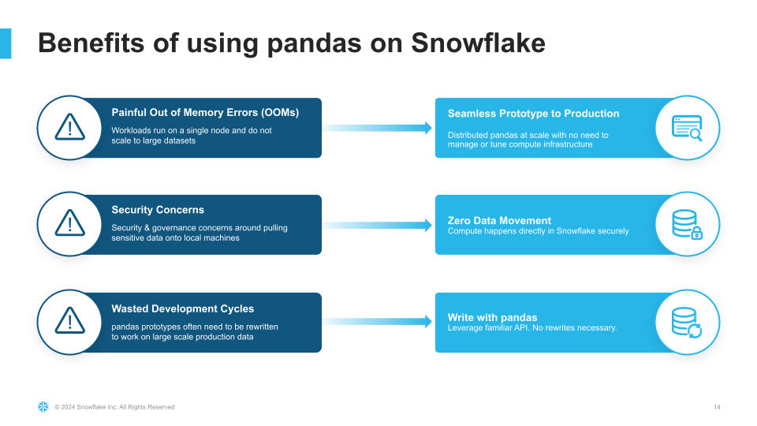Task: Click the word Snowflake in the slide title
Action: pyautogui.click(x=478, y=43)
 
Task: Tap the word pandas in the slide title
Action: pyautogui.click(x=314, y=43)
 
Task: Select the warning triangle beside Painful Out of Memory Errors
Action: pyautogui.click(x=70, y=127)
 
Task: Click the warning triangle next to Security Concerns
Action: pyautogui.click(x=70, y=222)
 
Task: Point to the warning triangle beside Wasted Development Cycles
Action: pyautogui.click(x=70, y=320)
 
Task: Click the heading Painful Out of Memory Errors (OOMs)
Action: pyautogui.click(x=205, y=113)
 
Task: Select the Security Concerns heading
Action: pyautogui.click(x=158, y=210)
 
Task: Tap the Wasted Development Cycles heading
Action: pyautogui.click(x=182, y=308)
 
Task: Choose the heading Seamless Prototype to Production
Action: pyautogui.click(x=534, y=114)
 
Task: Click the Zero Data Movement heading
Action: pyautogui.click(x=499, y=220)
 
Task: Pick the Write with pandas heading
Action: pyautogui.click(x=492, y=317)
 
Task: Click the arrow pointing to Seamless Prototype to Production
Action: pyautogui.click(x=378, y=128)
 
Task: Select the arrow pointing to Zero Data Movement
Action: pyautogui.click(x=378, y=225)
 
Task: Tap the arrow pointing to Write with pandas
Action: pyautogui.click(x=378, y=322)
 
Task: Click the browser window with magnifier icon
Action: pyautogui.click(x=687, y=128)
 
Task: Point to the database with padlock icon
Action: pyautogui.click(x=687, y=224)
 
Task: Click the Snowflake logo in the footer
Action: pyautogui.click(x=43, y=407)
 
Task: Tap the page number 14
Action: pyautogui.click(x=717, y=407)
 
